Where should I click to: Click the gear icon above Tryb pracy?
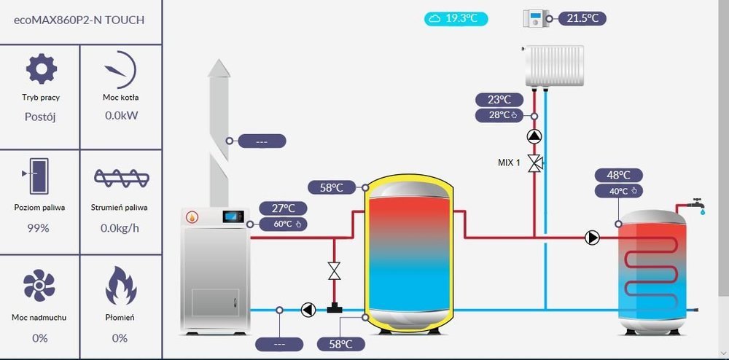[x=41, y=69]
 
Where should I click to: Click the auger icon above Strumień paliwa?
[x=121, y=178]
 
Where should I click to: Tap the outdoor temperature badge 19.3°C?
[x=456, y=18]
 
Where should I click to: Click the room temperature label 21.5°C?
[x=582, y=18]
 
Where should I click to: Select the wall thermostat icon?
[x=537, y=19]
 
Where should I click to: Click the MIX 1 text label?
[x=509, y=163]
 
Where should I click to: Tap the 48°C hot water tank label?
[x=618, y=176]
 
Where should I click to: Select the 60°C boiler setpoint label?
[x=283, y=224]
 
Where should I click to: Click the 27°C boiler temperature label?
[x=283, y=209]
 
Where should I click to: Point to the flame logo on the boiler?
[x=192, y=216]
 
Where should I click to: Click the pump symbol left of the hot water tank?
[x=592, y=238]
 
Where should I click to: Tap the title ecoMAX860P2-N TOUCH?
[x=79, y=20]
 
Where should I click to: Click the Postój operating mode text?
[x=40, y=117]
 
